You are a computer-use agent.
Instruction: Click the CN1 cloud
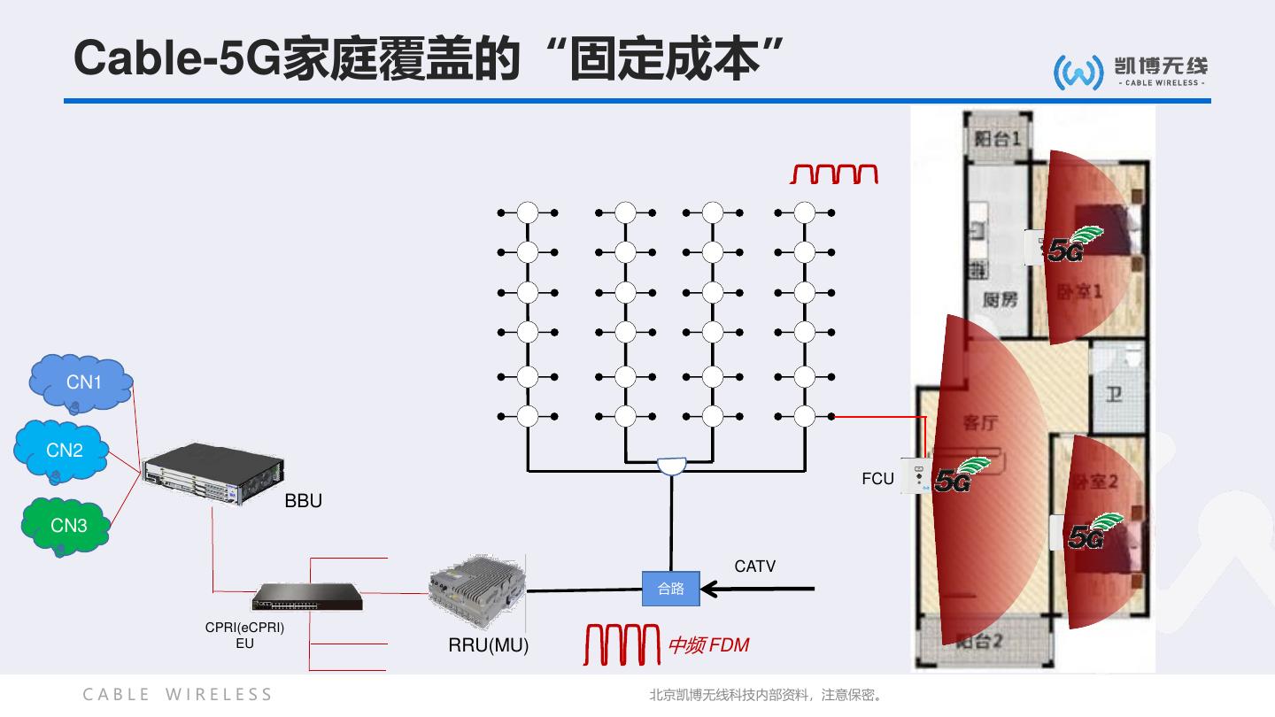pos(82,383)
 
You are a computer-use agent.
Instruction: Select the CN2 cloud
pos(63,451)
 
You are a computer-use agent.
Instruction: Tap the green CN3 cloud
pos(67,526)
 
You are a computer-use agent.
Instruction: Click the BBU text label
pos(303,501)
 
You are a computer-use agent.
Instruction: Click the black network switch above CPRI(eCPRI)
pos(307,597)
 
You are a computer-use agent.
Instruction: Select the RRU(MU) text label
pos(488,645)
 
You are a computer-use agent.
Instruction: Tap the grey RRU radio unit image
pos(476,590)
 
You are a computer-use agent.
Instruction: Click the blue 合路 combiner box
pos(670,589)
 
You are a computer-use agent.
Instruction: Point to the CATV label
pos(754,567)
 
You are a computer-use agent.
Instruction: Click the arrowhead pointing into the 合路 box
pos(710,588)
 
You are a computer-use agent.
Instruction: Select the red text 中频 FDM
pos(708,645)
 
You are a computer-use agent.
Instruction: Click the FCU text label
pos(877,479)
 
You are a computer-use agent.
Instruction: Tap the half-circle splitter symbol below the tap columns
pos(671,465)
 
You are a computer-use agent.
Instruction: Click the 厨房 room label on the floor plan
pos(1000,300)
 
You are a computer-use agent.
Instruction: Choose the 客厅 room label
pos(981,423)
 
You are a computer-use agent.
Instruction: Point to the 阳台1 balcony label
pos(998,139)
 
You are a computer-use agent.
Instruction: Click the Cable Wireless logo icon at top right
pos(1078,72)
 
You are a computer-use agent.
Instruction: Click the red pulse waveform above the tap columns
pos(833,173)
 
